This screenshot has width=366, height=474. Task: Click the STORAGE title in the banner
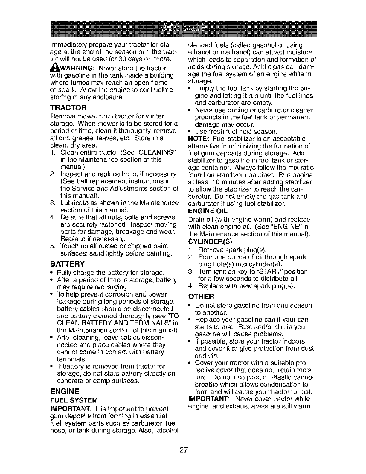(183, 28)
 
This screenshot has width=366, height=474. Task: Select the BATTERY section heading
(67, 264)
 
